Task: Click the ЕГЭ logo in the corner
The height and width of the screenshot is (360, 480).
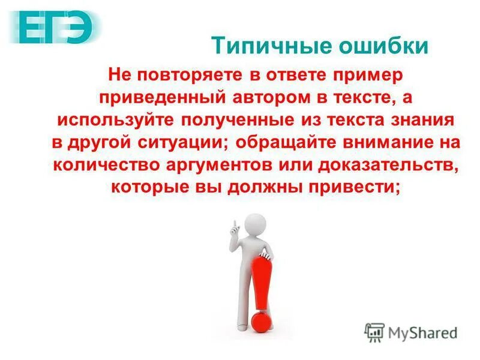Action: point(58,26)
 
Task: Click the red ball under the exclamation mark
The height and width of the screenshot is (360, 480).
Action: point(262,321)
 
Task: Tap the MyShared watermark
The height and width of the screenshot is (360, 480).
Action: point(411,332)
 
